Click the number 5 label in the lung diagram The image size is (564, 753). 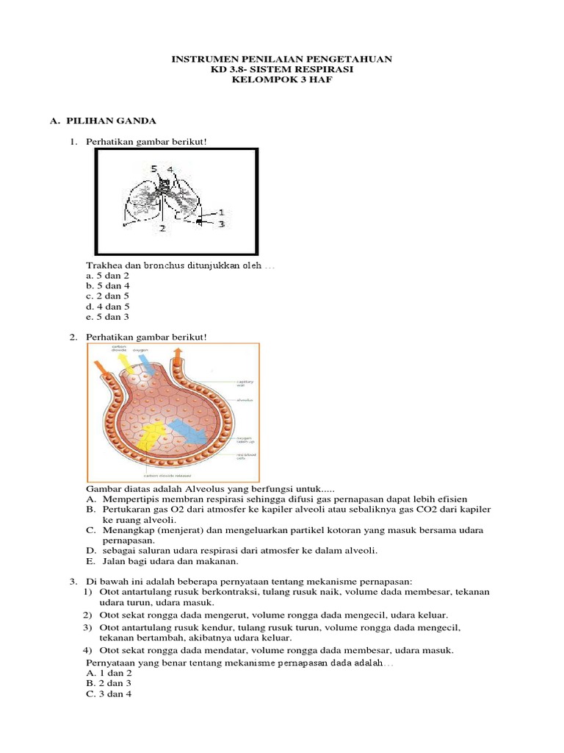coord(154,169)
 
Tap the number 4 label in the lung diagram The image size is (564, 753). coord(170,169)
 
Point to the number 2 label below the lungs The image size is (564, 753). coord(162,228)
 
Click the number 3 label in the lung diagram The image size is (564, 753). coord(221,223)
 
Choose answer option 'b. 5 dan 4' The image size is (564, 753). coord(107,285)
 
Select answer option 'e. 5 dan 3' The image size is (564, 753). coord(107,316)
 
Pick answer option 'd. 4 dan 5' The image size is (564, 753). coord(107,306)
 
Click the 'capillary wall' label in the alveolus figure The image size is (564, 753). coord(245,384)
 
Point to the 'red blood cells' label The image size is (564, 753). coord(245,457)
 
